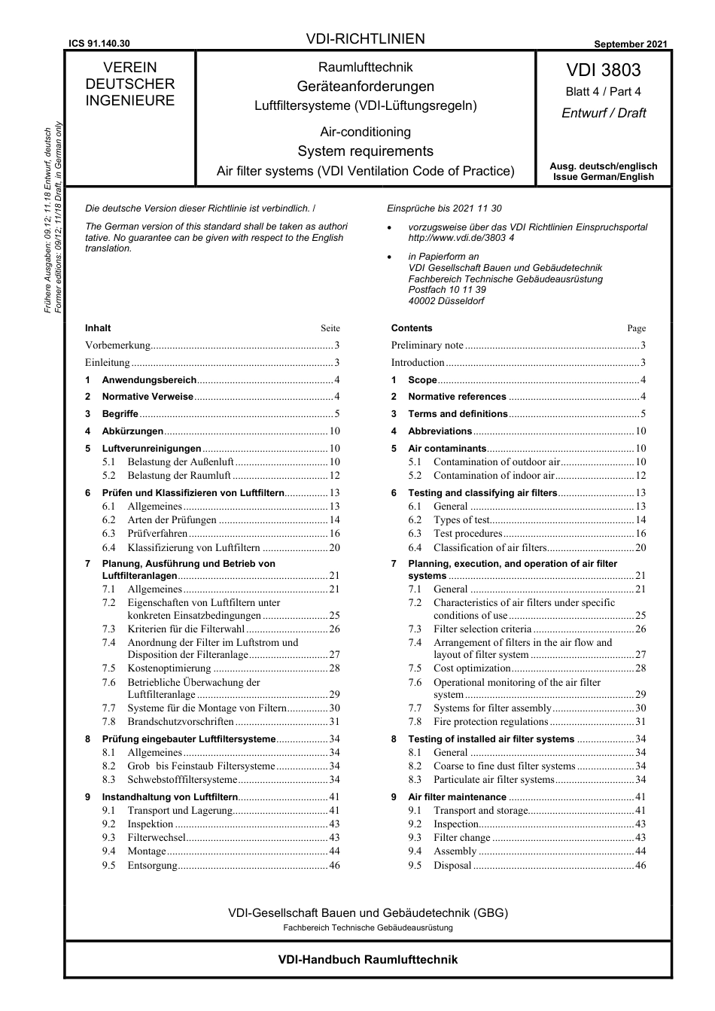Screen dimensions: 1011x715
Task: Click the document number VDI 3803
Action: (603, 70)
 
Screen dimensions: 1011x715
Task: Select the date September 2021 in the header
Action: (630, 44)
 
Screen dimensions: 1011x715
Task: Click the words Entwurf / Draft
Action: (603, 113)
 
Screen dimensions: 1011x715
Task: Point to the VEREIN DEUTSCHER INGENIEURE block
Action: (129, 84)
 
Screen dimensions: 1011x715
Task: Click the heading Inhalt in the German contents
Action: (98, 328)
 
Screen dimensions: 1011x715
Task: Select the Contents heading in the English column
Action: (412, 328)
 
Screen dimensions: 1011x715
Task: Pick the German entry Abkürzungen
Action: (132, 431)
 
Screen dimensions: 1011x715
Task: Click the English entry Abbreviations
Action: (440, 431)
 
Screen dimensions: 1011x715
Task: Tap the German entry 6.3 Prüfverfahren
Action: (157, 534)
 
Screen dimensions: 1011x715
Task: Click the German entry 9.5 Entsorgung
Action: (153, 866)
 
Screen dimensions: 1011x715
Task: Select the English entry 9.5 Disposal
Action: (452, 866)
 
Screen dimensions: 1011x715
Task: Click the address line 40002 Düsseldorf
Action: (446, 301)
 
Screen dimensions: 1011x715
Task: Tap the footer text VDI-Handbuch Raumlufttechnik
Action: (367, 960)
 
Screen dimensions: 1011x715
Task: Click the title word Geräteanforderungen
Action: (365, 87)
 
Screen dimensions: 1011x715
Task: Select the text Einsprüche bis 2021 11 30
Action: (444, 209)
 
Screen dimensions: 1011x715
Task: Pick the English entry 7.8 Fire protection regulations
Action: (491, 722)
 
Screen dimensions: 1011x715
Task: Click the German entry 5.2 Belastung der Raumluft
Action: (179, 476)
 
